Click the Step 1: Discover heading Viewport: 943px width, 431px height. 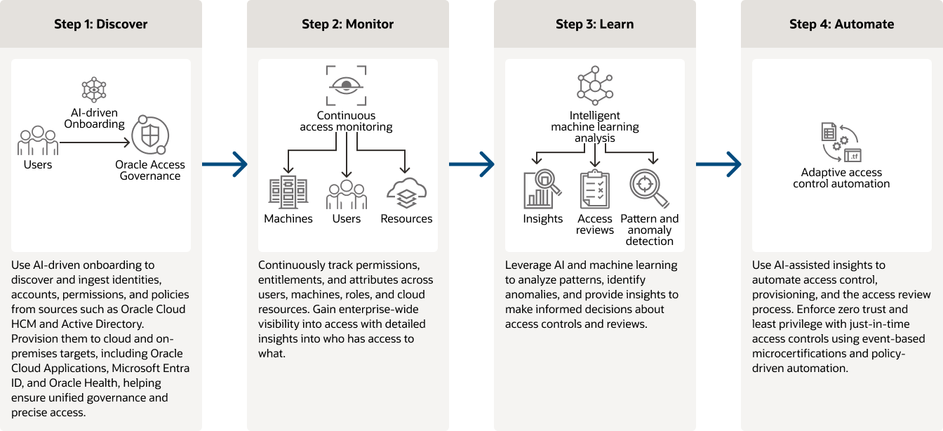100,24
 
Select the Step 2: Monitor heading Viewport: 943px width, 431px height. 347,24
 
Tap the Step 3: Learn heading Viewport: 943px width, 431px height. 594,24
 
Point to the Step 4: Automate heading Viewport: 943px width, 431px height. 841,24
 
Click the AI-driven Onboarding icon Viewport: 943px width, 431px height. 94,91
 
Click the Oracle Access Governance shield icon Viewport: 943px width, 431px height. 149,135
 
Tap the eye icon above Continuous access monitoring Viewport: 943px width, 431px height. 346,86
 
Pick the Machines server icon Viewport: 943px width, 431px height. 288,193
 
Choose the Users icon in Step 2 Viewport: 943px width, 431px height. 346,194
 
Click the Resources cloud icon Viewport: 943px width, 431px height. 406,193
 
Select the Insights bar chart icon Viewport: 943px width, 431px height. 542,190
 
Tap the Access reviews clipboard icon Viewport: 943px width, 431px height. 595,190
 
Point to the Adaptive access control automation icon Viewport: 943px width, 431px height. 841,143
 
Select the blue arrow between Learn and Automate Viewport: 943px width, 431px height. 718,164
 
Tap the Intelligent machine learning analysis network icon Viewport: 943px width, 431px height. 595,85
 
